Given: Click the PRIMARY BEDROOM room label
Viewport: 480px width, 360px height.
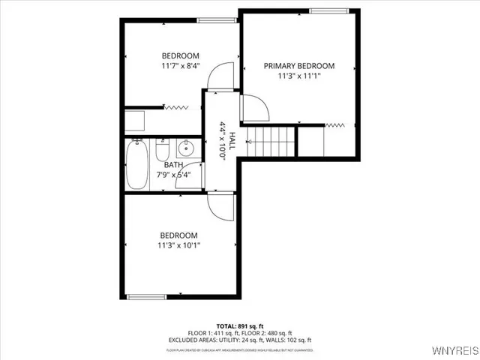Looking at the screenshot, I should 299,66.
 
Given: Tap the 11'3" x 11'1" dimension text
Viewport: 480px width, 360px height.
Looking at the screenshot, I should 299,76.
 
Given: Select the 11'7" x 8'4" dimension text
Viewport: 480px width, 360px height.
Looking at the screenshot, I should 180,67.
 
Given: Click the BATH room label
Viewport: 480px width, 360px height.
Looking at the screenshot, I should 173,165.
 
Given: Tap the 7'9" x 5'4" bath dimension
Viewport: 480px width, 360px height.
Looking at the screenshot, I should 173,175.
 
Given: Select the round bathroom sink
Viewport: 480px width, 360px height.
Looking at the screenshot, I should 187,148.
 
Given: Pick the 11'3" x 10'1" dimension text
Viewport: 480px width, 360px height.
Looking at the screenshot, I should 179,244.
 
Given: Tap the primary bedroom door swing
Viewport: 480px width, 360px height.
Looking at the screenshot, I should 254,109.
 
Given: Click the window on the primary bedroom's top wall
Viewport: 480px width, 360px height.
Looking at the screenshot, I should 331,10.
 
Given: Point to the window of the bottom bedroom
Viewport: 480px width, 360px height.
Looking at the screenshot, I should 146,297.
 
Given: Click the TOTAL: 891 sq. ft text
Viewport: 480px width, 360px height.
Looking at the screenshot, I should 239,325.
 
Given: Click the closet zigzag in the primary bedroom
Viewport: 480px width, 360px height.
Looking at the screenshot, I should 335,124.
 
